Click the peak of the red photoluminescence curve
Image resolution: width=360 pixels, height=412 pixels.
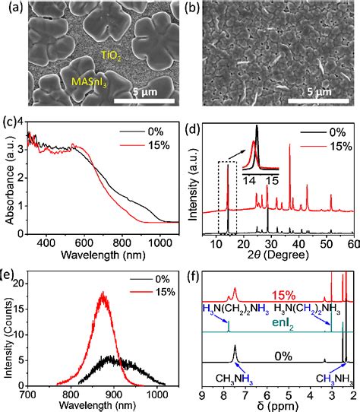tap(103, 292)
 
